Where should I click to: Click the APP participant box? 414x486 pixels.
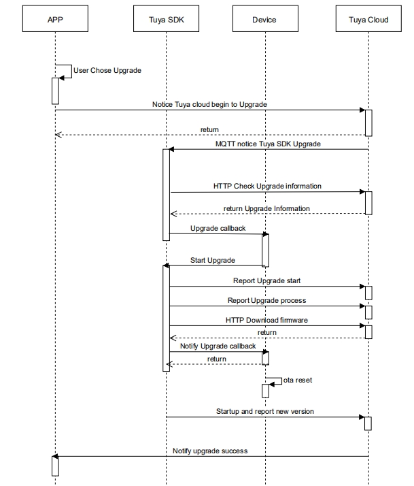55,18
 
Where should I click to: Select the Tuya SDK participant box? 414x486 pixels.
166,18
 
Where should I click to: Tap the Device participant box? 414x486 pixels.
265,18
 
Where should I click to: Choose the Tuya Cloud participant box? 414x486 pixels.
368,18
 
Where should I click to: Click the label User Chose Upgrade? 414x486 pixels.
107,70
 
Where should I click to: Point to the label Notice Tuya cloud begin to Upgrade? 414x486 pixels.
209,104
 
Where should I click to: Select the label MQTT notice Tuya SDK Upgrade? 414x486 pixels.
268,144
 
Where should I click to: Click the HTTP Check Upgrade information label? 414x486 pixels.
267,186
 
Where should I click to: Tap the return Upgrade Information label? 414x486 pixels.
266,208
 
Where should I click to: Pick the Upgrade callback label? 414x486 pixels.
218,229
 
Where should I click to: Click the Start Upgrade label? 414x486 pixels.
212,260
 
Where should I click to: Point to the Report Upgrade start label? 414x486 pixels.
266,281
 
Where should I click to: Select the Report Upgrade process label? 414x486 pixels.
266,300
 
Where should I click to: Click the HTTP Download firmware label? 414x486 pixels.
266,320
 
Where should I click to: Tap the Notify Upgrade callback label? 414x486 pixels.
218,346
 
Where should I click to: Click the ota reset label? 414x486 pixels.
298,380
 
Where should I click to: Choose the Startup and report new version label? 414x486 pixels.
264,411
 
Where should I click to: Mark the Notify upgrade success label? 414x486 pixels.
210,451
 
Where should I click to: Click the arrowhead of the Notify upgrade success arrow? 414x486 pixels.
54,456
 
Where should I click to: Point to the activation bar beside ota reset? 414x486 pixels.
265,391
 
